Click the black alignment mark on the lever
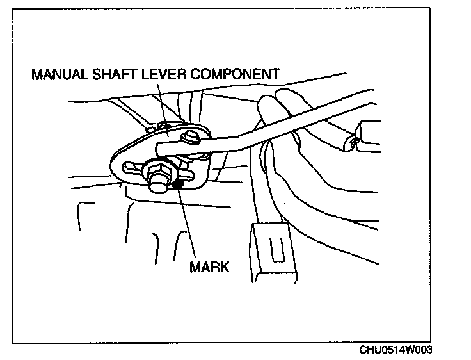tap(179, 185)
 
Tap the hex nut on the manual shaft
tap(156, 172)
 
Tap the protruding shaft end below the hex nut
tap(155, 188)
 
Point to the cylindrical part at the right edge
tap(365, 135)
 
